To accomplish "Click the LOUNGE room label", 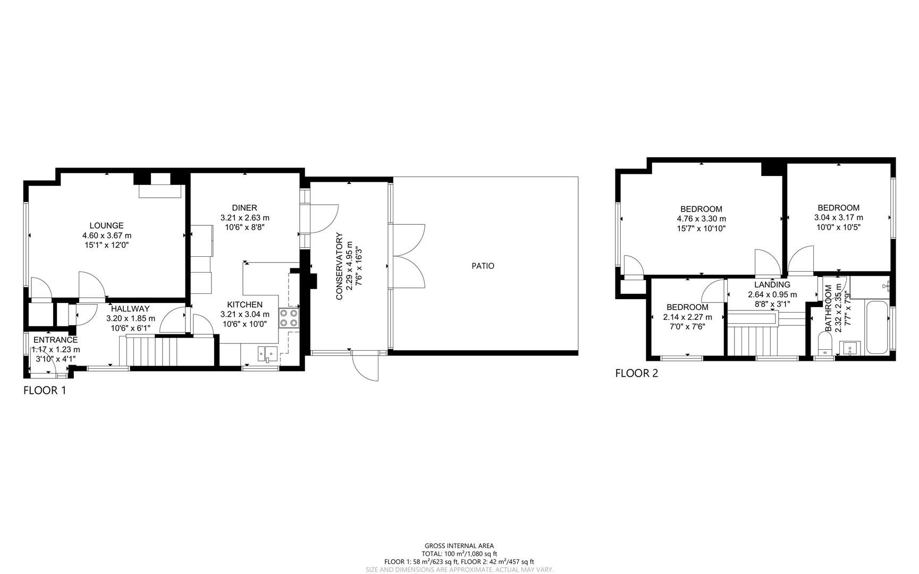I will coord(106,225).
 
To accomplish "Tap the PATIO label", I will coord(483,266).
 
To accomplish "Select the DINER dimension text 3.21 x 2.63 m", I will coord(244,217).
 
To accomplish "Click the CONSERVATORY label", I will coord(339,266).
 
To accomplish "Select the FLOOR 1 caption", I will coord(45,391).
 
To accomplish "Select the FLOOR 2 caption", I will coord(636,374).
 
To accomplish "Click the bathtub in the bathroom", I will coord(876,328).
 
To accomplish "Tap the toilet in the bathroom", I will coord(824,344).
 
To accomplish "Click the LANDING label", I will coord(772,284).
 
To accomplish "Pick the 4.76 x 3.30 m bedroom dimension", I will coord(701,218).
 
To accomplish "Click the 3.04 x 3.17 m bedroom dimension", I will coord(838,217).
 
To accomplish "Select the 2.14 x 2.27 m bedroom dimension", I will coord(687,317).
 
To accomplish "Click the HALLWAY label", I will coord(130,309).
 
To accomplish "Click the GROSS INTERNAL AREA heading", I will coord(459,546).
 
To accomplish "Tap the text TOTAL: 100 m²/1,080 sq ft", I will coord(459,554).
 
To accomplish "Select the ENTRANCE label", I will coord(55,340).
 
